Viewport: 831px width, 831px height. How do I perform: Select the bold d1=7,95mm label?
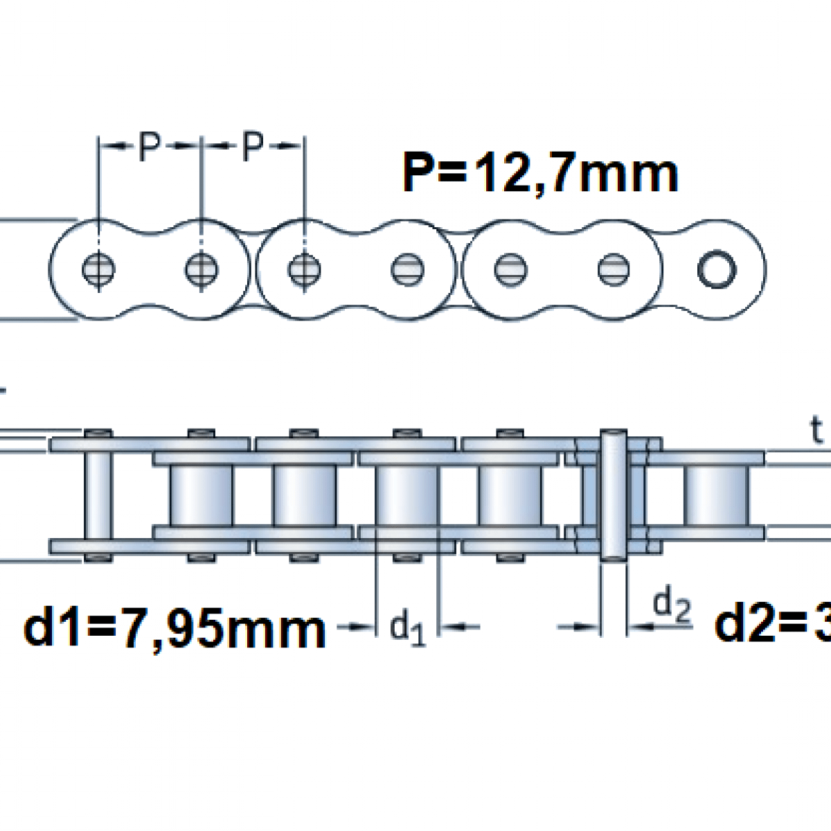coord(175,628)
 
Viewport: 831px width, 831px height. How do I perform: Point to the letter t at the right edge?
coord(817,431)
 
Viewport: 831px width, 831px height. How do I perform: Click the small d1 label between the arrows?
coord(408,627)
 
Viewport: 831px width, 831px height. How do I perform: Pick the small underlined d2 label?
coord(672,606)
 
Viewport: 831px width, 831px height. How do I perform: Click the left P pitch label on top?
coord(150,145)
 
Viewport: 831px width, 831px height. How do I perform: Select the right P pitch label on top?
coord(253,145)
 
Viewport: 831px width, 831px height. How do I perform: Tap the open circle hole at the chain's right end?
coord(717,269)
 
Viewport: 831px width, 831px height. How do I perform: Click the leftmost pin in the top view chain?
coord(99,269)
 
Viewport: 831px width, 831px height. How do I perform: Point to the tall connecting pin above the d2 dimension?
coord(614,494)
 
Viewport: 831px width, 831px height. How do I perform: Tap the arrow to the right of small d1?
coord(460,627)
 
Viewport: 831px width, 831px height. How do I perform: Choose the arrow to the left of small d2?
coord(579,627)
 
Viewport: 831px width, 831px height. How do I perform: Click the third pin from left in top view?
coord(303,269)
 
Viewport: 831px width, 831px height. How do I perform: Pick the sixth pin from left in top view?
coord(614,269)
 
